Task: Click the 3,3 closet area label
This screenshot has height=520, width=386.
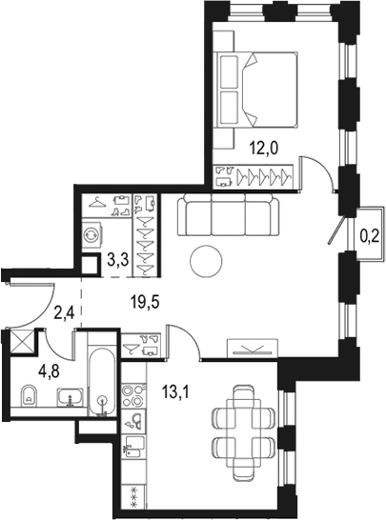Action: (x=118, y=257)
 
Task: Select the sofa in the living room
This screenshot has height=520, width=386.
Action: (x=229, y=215)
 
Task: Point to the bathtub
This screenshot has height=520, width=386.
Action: (x=102, y=386)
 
